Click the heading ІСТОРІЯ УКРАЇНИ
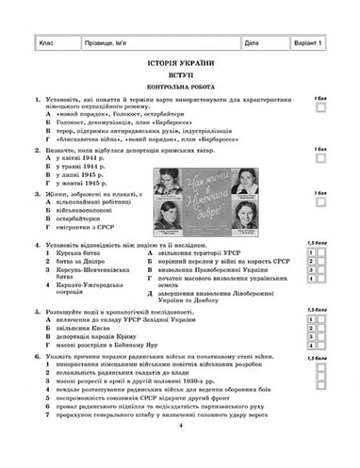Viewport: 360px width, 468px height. tap(181, 62)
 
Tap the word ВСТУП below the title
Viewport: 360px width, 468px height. tap(181, 74)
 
